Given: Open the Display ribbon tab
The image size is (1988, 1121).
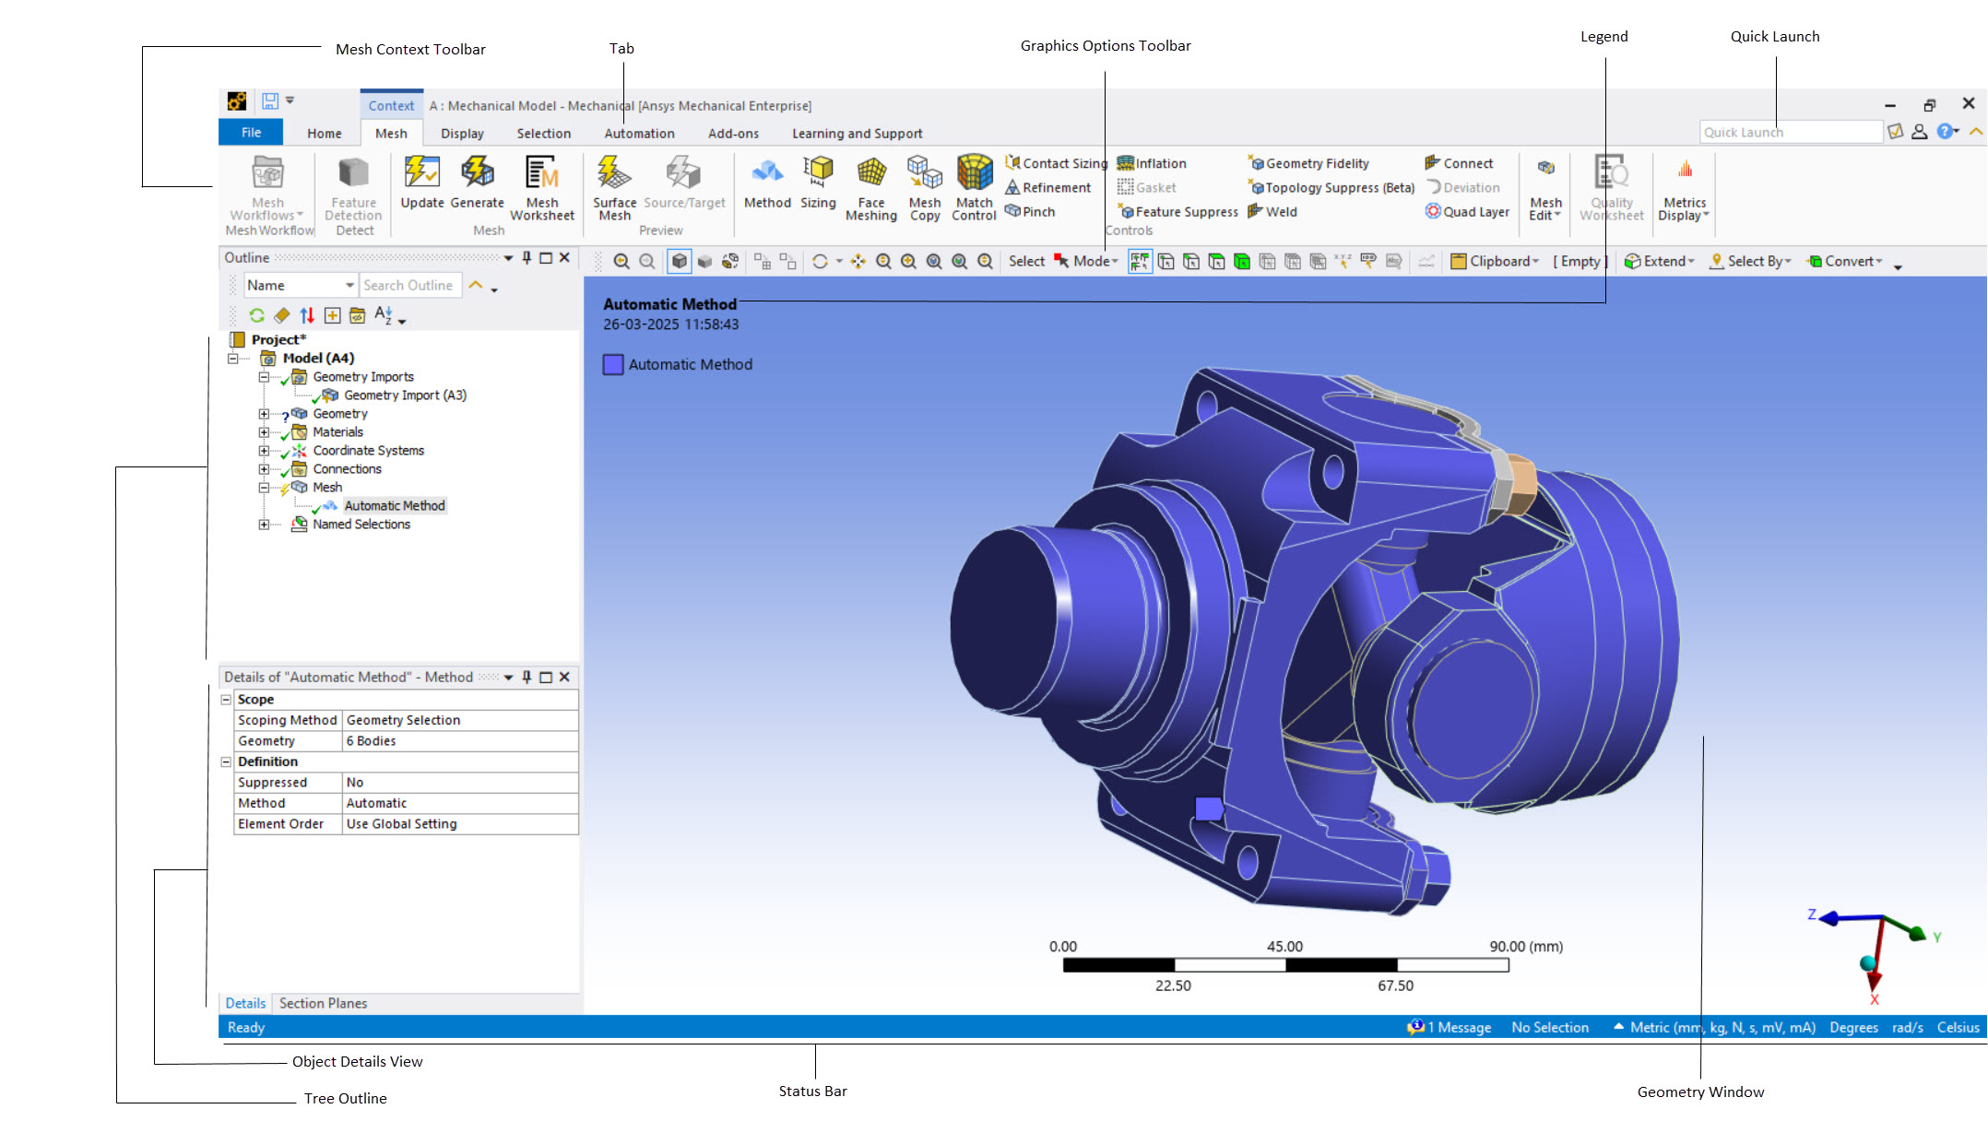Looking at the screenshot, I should [x=462, y=134].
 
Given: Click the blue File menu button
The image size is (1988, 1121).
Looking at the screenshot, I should [x=251, y=133].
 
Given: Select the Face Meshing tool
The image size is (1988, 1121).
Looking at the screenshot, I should [x=870, y=188].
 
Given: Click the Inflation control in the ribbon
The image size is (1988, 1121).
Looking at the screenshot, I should [x=1152, y=163].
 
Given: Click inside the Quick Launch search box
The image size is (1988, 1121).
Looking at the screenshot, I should [x=1788, y=133].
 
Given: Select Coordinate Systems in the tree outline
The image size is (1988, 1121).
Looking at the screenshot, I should [x=368, y=451].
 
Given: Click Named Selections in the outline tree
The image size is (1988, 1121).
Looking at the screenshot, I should [x=361, y=525].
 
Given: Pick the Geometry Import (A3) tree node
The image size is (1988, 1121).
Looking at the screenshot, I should [x=405, y=395].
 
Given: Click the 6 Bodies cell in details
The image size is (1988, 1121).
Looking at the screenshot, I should [x=371, y=741].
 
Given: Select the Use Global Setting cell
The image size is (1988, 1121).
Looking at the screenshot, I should [x=401, y=824].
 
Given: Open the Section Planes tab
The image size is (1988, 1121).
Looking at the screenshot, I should [x=323, y=1003].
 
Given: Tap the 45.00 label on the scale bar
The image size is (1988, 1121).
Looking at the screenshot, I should [x=1284, y=947].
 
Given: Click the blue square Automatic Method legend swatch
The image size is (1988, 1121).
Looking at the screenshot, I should [x=613, y=365].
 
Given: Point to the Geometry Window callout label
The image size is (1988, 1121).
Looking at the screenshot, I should [x=1700, y=1092].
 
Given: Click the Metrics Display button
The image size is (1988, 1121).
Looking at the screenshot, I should [x=1684, y=189].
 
